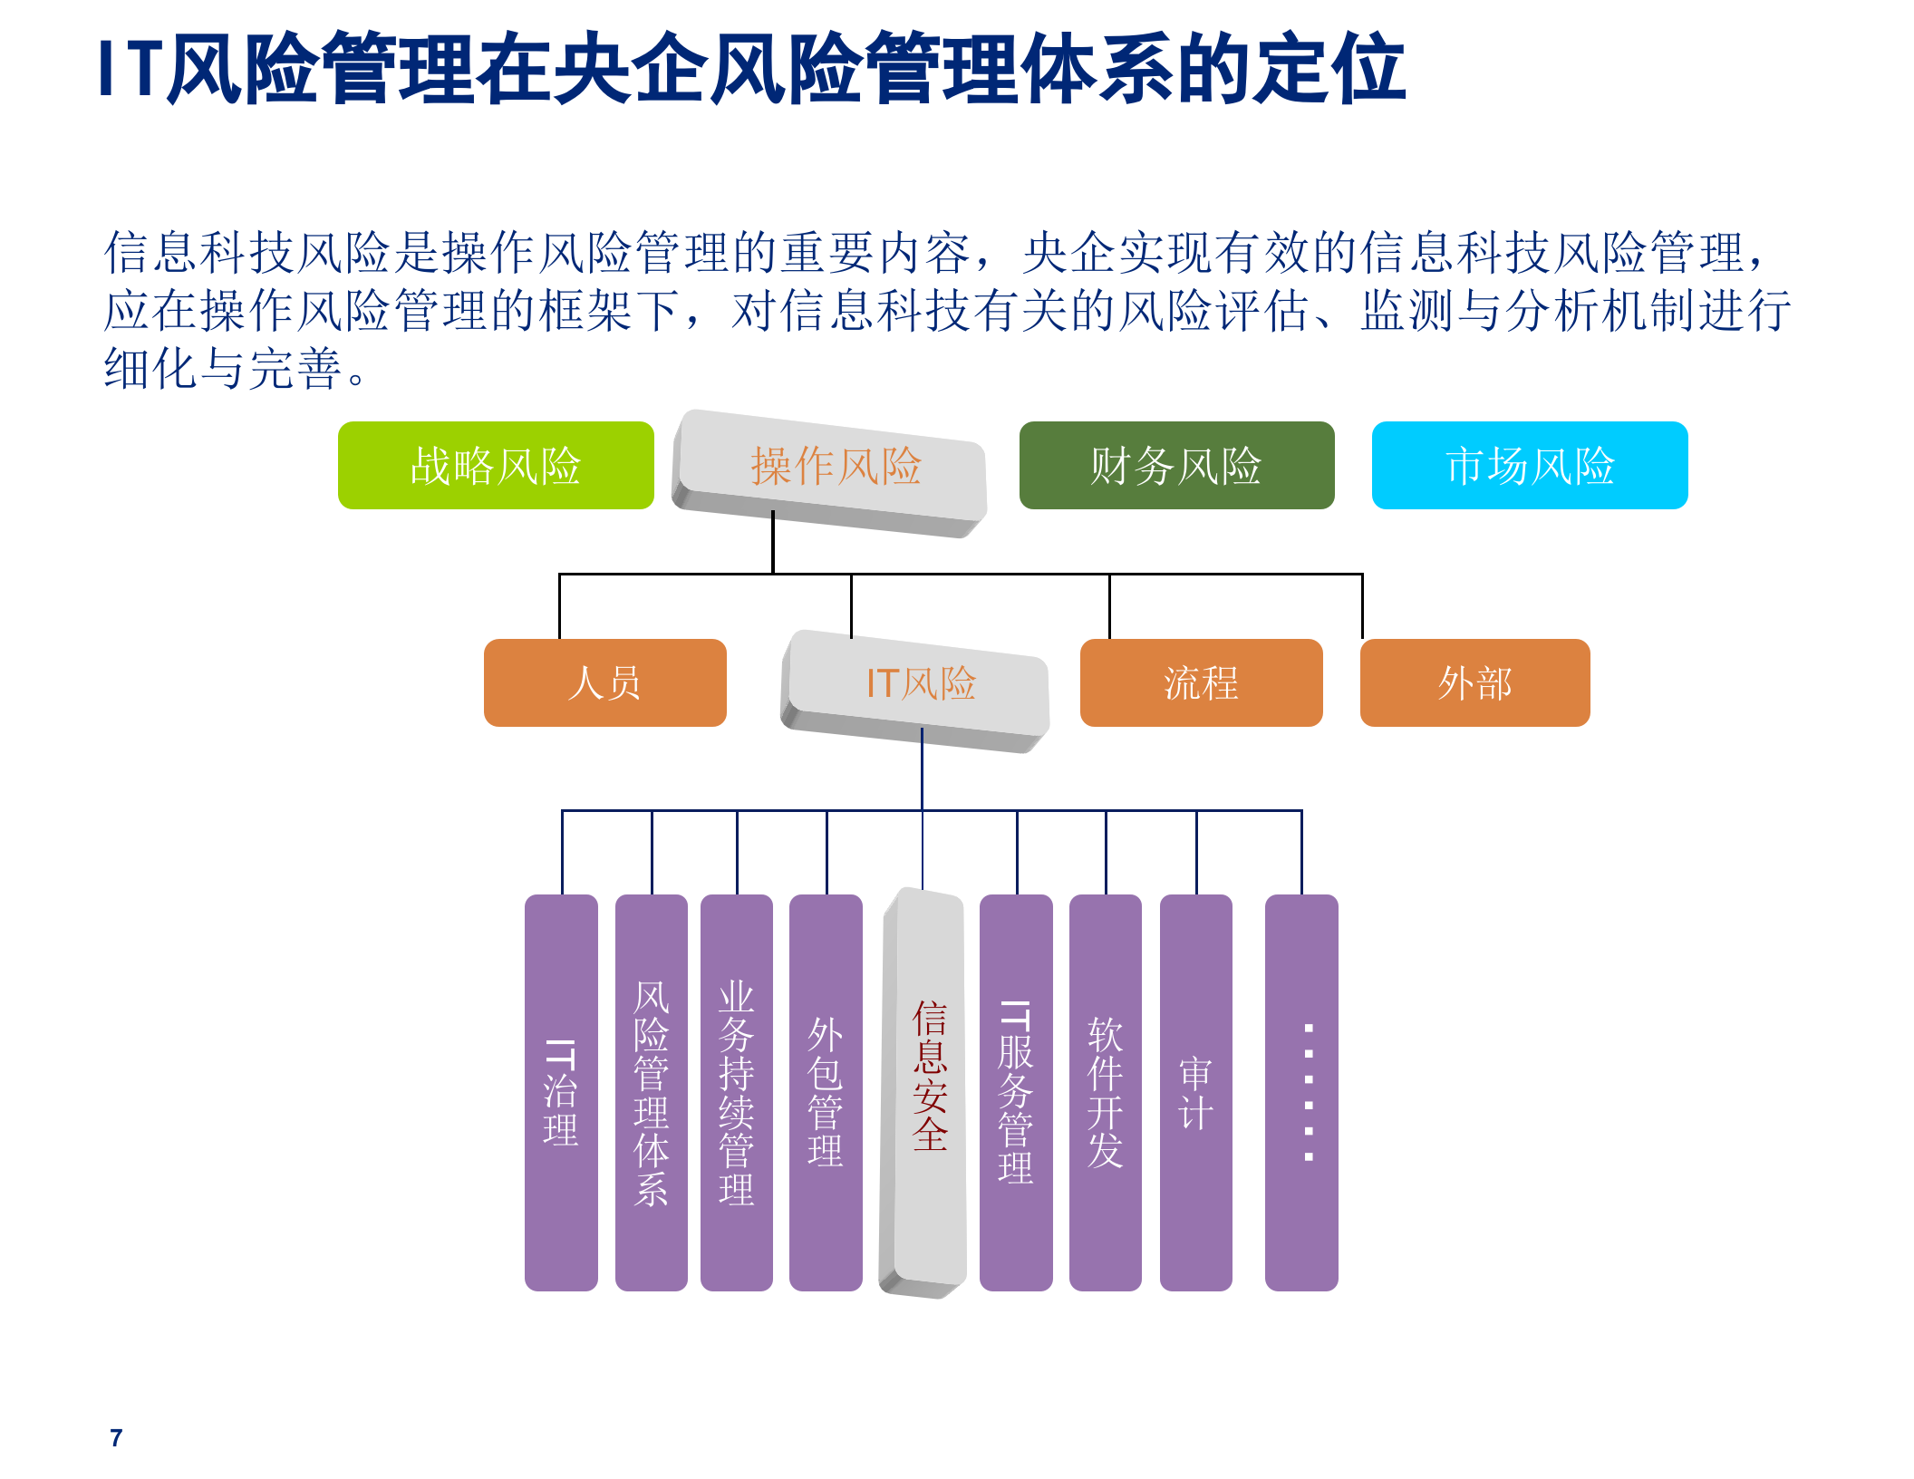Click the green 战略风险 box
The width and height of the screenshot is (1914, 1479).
[x=496, y=465]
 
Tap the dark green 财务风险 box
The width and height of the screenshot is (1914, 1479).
[x=1176, y=465]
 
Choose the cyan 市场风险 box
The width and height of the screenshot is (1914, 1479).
[x=1530, y=465]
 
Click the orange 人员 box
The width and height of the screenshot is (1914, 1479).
[x=604, y=682]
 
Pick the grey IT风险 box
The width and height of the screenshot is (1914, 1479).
[x=918, y=686]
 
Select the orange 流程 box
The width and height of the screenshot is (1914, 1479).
[x=1201, y=682]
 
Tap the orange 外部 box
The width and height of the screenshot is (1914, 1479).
[x=1474, y=682]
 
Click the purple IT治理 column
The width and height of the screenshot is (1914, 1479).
[x=561, y=1092]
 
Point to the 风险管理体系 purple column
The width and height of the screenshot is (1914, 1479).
[x=651, y=1092]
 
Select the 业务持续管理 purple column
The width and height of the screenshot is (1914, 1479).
[x=736, y=1092]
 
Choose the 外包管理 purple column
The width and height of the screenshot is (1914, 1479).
[x=826, y=1092]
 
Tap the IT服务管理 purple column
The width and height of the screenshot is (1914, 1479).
[x=1016, y=1092]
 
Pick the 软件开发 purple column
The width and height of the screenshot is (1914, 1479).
[x=1105, y=1092]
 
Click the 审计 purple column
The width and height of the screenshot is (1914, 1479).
[x=1195, y=1092]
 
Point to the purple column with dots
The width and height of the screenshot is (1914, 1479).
[x=1301, y=1092]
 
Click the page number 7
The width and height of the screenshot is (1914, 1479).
[x=116, y=1438]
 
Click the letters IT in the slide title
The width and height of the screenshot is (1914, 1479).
[x=130, y=69]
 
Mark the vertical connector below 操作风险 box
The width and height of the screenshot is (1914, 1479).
[x=773, y=544]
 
